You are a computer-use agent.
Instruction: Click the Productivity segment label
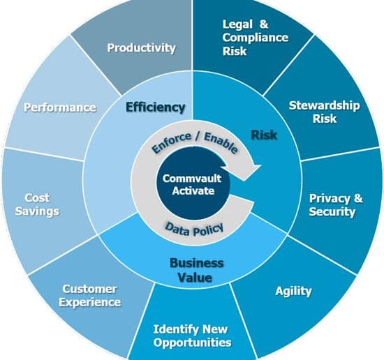pyautogui.click(x=142, y=48)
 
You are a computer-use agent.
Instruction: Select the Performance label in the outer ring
pyautogui.click(x=60, y=107)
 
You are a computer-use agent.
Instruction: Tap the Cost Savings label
pyautogui.click(x=37, y=204)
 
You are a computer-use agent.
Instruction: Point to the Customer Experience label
pyautogui.click(x=90, y=295)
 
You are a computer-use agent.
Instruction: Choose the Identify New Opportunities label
pyautogui.click(x=192, y=336)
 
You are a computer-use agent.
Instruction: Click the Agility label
pyautogui.click(x=293, y=291)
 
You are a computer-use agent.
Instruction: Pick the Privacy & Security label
pyautogui.click(x=336, y=205)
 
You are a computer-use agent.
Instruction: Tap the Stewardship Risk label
pyautogui.click(x=325, y=112)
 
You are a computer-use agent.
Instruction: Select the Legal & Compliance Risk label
pyautogui.click(x=256, y=38)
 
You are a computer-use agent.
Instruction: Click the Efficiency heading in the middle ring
pyautogui.click(x=155, y=107)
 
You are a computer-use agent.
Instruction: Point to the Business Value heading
pyautogui.click(x=196, y=270)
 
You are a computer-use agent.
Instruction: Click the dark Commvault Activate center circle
pyautogui.click(x=193, y=183)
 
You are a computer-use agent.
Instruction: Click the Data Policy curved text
pyautogui.click(x=195, y=230)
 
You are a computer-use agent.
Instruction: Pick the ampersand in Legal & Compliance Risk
pyautogui.click(x=264, y=24)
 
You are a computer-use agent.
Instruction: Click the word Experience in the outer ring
pyautogui.click(x=90, y=302)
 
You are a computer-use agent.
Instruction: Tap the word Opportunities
pyautogui.click(x=192, y=343)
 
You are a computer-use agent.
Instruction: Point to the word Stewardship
pyautogui.click(x=325, y=105)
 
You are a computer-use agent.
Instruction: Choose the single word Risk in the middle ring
pyautogui.click(x=264, y=135)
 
